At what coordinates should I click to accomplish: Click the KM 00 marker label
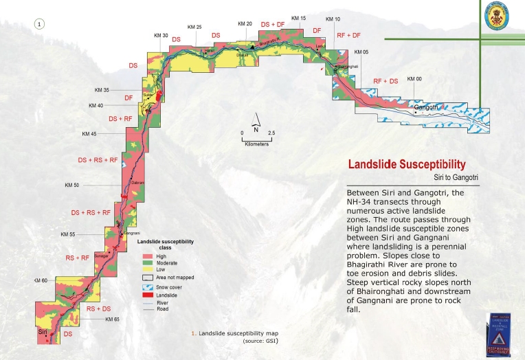point(414,79)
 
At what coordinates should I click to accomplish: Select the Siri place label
point(43,331)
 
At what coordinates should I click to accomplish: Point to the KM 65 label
point(112,319)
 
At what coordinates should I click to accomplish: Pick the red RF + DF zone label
point(348,35)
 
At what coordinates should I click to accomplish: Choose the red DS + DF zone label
point(273,24)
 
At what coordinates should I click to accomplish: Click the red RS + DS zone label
point(99,308)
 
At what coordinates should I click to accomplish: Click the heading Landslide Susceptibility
point(407,165)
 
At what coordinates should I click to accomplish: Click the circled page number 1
point(39,24)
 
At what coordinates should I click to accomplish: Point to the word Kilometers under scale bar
point(255,145)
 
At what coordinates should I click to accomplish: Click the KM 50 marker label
point(72,185)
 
